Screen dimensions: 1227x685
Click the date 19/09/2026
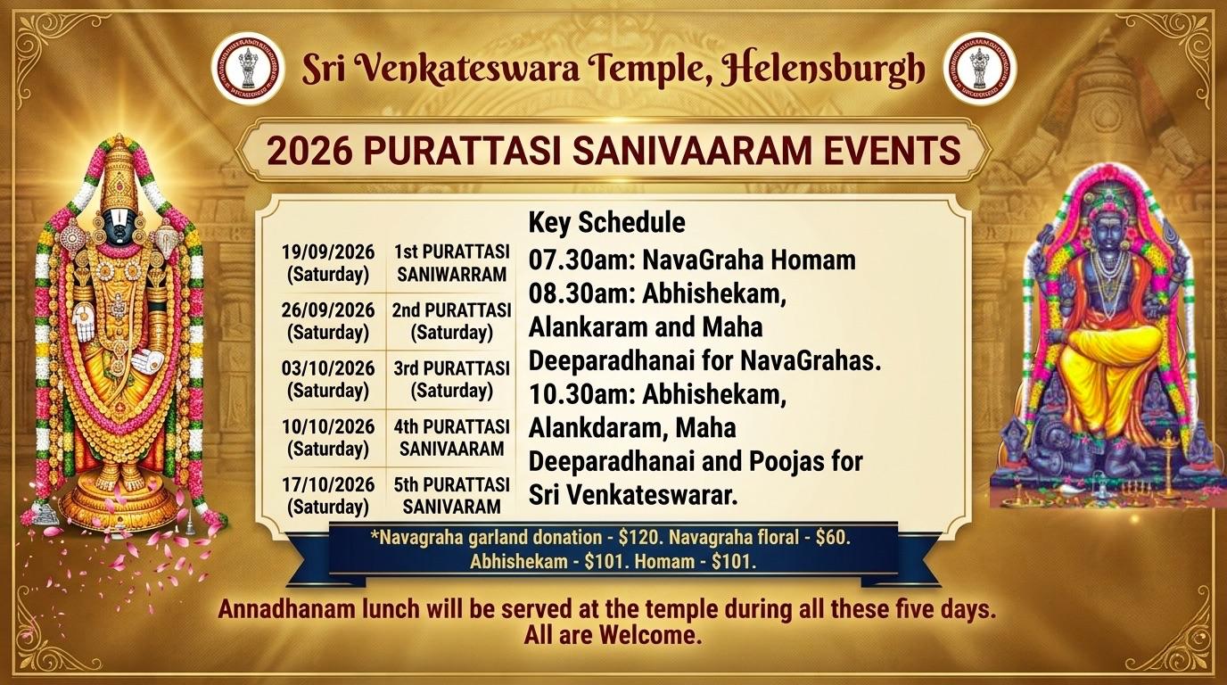328,252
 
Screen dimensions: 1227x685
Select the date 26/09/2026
328,310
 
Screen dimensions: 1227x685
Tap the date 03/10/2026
328,368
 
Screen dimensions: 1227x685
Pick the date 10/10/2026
328,426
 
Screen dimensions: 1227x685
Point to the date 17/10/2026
328,484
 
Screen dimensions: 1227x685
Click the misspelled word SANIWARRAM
452,275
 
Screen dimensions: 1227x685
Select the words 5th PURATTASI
452,485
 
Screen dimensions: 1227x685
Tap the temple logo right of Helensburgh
980,69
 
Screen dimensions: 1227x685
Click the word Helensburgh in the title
822,69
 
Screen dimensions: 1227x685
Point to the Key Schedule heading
606,223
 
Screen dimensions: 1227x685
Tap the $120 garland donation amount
639,538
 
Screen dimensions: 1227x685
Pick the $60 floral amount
833,538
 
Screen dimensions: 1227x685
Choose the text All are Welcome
613,637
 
